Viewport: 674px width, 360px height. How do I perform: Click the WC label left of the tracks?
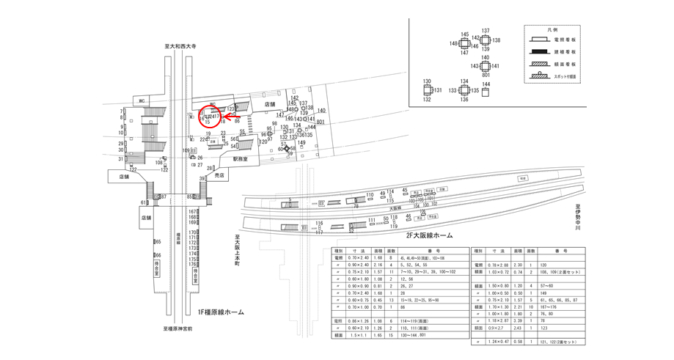(x=140, y=101)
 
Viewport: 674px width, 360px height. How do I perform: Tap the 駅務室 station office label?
(x=241, y=158)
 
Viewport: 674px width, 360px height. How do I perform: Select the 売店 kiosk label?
(x=219, y=176)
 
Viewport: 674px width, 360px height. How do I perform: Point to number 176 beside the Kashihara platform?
(x=193, y=265)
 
